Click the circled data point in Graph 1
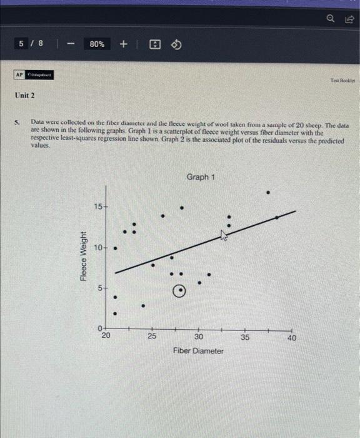pos(179,291)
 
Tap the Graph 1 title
pos(201,177)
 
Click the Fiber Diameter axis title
pos(198,351)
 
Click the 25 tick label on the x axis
pos(152,337)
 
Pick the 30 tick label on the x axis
pos(199,337)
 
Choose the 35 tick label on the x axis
pos(245,337)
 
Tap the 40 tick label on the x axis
pos(291,337)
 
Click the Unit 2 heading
pos(26,96)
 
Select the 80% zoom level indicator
pos(97,44)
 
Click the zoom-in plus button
pos(123,44)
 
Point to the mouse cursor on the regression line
pos(223,235)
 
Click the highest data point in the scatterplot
pos(269,192)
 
